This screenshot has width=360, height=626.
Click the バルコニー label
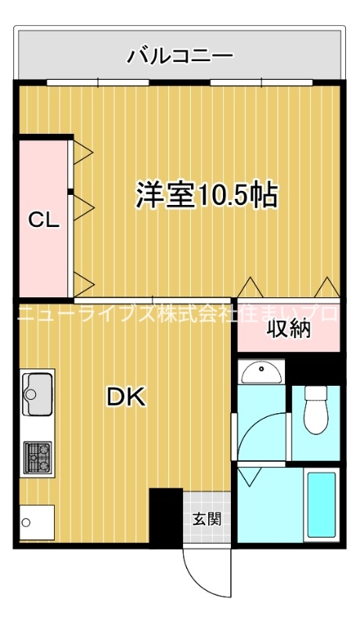click(x=180, y=56)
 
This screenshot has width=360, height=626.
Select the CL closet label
click(x=44, y=220)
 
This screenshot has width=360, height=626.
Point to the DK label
click(x=126, y=398)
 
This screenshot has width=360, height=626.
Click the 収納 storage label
click(x=289, y=329)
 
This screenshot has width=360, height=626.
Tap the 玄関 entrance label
click(x=207, y=517)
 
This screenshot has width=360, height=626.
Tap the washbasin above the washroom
click(x=261, y=372)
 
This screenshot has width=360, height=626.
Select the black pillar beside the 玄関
click(x=165, y=516)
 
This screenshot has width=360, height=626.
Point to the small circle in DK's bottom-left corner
click(x=26, y=523)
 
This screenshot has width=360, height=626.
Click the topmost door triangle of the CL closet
click(x=83, y=152)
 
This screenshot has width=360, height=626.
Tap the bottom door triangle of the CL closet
click(x=83, y=279)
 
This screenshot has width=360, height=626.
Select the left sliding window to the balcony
click(x=98, y=81)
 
